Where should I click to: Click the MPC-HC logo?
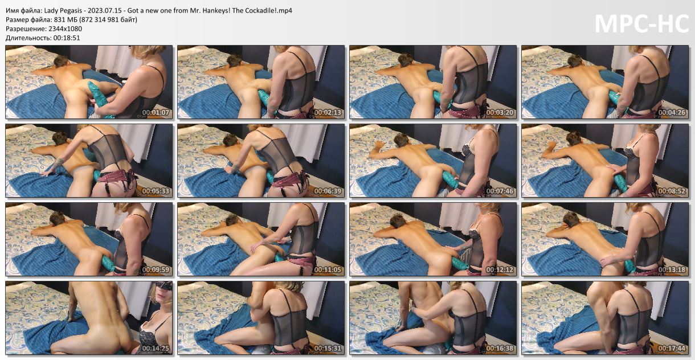(641, 24)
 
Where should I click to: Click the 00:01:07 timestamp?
(156, 112)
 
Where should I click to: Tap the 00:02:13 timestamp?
(328, 112)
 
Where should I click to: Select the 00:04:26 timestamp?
(672, 112)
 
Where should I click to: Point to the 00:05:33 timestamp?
(156, 191)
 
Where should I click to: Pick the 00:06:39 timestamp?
(328, 191)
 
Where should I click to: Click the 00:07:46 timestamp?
(500, 191)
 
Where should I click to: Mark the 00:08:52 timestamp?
(672, 191)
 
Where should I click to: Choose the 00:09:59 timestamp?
(156, 269)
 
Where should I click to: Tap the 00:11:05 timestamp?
(328, 269)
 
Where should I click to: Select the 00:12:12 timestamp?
(500, 269)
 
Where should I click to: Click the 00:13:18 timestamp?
(672, 269)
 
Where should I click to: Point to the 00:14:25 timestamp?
(156, 349)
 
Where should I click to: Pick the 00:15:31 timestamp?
(328, 349)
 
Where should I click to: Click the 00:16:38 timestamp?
(500, 349)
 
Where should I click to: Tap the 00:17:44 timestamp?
(672, 349)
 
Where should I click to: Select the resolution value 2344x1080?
(65, 29)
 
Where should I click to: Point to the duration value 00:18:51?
(67, 38)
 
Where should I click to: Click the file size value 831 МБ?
(66, 19)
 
